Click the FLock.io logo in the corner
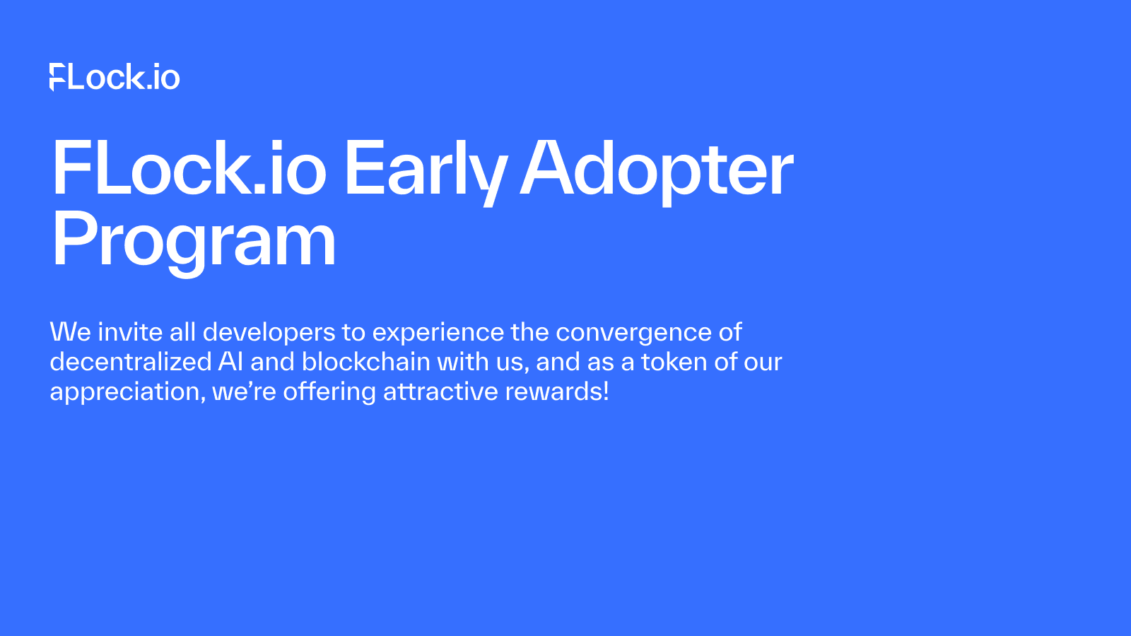click(115, 77)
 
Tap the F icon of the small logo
click(57, 77)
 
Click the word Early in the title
click(425, 170)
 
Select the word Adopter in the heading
click(656, 170)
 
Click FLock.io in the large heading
click(189, 170)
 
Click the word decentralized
click(131, 362)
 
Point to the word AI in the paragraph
click(230, 362)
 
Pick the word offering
click(329, 392)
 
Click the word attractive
click(440, 391)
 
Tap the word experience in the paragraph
click(438, 332)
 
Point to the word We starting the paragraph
click(70, 332)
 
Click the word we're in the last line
click(244, 392)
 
